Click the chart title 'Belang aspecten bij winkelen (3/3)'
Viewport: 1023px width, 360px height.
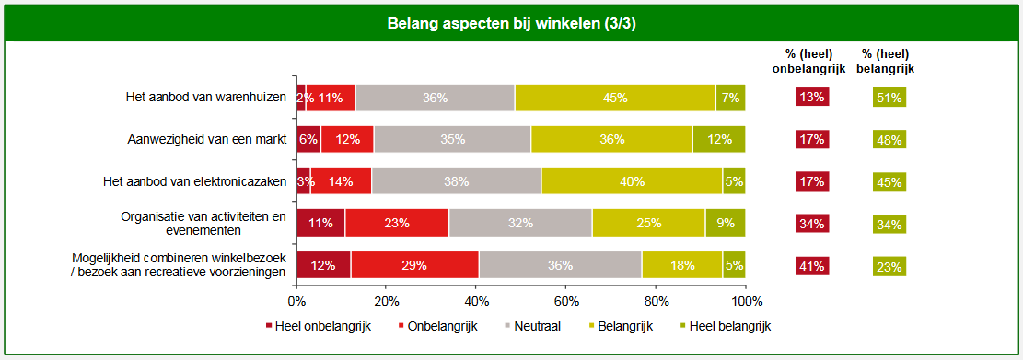pyautogui.click(x=511, y=23)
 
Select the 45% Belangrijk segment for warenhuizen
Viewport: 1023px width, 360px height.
pyautogui.click(x=615, y=98)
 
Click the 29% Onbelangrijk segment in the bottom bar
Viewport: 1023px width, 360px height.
pyautogui.click(x=414, y=264)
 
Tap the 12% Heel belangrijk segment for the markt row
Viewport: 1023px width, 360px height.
pyautogui.click(x=719, y=139)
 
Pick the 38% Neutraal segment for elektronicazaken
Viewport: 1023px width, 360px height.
pyautogui.click(x=456, y=180)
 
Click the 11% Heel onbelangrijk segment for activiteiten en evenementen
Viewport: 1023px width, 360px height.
pyautogui.click(x=320, y=223)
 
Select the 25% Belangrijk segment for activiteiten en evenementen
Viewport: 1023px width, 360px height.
pyautogui.click(x=648, y=223)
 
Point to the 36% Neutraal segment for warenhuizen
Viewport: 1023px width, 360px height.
pyautogui.click(x=435, y=98)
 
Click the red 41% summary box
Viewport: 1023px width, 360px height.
pyautogui.click(x=812, y=265)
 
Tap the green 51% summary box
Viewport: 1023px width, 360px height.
pyautogui.click(x=889, y=99)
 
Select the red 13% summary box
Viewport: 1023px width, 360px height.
pyautogui.click(x=812, y=99)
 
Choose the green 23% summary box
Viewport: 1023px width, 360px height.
pyautogui.click(x=889, y=265)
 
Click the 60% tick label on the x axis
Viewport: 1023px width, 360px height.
pyautogui.click(x=566, y=301)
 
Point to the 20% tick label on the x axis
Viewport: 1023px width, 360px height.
pyautogui.click(x=387, y=301)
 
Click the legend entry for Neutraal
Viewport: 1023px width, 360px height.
pyautogui.click(x=534, y=326)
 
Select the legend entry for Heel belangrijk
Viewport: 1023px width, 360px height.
pyautogui.click(x=725, y=326)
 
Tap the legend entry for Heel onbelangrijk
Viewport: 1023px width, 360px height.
pyautogui.click(x=318, y=326)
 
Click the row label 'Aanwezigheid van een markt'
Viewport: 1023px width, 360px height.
pyautogui.click(x=207, y=140)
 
